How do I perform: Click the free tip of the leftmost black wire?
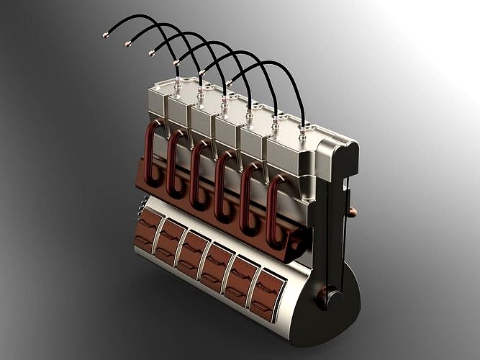point(106,34)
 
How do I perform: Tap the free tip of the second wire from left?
point(127,43)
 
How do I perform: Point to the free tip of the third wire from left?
point(152,53)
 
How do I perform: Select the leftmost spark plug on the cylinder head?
point(176,86)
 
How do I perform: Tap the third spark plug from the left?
point(225,104)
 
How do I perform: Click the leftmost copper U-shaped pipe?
point(153,154)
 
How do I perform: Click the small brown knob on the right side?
point(353,212)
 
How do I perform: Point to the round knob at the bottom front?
point(330,297)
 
